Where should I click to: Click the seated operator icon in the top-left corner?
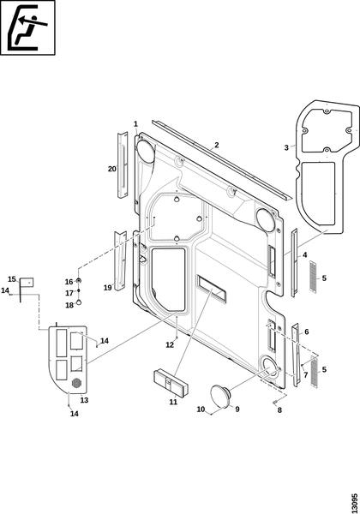click(27, 27)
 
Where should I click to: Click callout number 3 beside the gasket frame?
click(286, 148)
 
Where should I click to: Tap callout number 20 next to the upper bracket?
click(112, 169)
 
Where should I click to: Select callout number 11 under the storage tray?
click(173, 402)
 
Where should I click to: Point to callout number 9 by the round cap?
click(237, 409)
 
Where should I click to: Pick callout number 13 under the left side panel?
click(84, 400)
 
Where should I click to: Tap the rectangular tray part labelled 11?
click(171, 384)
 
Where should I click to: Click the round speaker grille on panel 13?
click(76, 383)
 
